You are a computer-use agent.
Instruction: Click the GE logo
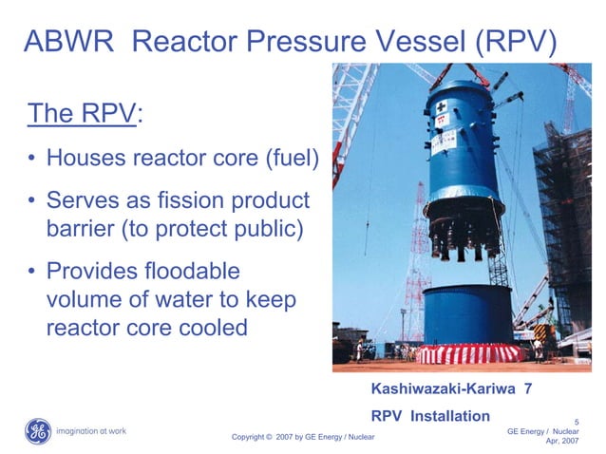38,430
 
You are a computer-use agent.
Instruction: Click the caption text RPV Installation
430,415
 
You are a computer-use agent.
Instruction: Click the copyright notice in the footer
303,437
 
